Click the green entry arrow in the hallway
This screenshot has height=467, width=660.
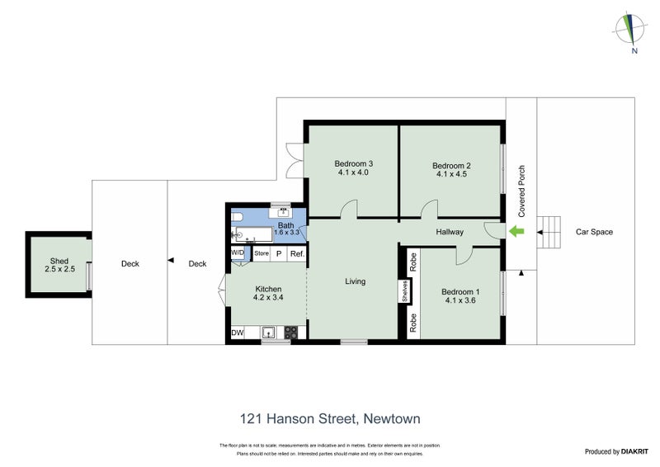pyautogui.click(x=518, y=232)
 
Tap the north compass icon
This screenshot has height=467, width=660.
pyautogui.click(x=633, y=31)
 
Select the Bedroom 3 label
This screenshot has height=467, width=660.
pyautogui.click(x=353, y=163)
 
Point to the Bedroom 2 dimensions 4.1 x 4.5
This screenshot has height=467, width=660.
pyautogui.click(x=450, y=174)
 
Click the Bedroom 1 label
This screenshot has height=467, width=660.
pyautogui.click(x=460, y=291)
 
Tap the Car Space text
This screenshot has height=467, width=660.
pyautogui.click(x=594, y=232)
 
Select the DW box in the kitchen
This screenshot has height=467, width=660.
pyautogui.click(x=238, y=333)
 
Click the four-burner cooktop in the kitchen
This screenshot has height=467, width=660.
pyautogui.click(x=290, y=333)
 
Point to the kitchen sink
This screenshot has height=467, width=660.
pyautogui.click(x=268, y=333)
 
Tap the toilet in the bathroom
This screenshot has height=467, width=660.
pyautogui.click(x=238, y=217)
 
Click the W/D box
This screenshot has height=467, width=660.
pyautogui.click(x=238, y=252)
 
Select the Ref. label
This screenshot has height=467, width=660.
pyautogui.click(x=296, y=254)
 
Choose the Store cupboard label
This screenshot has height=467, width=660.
pyautogui.click(x=262, y=254)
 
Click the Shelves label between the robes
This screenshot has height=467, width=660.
pyautogui.click(x=406, y=292)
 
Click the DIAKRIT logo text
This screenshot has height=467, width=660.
pyautogui.click(x=627, y=451)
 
